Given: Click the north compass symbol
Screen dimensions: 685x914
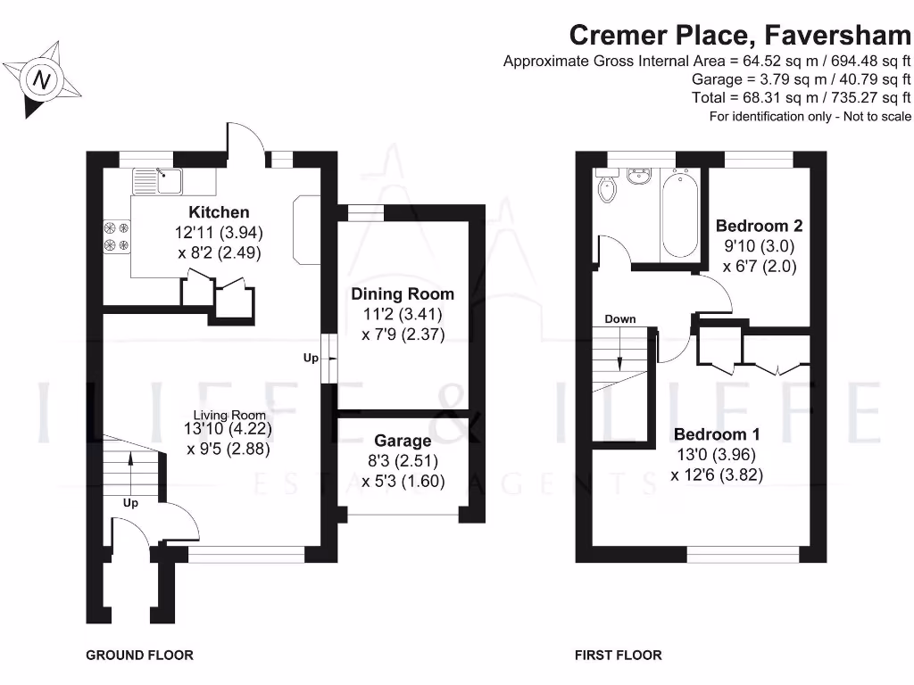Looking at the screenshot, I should (41, 80).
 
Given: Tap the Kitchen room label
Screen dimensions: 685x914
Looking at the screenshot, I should (219, 212).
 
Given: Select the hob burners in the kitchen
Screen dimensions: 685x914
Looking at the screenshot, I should (117, 236).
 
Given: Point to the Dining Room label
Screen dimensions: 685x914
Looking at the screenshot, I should (402, 293).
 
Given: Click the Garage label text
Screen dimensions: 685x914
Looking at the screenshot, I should (403, 441).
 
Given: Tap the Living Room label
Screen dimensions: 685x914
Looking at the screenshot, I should (230, 415).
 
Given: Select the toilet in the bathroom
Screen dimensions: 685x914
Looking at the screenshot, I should (609, 188).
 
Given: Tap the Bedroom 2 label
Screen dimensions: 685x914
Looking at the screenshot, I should (752, 227).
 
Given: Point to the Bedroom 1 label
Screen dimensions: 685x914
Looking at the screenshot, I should (717, 434).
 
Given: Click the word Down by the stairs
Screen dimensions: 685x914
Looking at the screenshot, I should (619, 319).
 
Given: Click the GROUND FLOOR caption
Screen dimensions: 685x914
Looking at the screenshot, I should (139, 655).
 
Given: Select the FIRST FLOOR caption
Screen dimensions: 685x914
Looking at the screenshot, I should (619, 655).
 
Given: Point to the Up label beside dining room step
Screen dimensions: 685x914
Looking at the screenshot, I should (311, 358).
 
